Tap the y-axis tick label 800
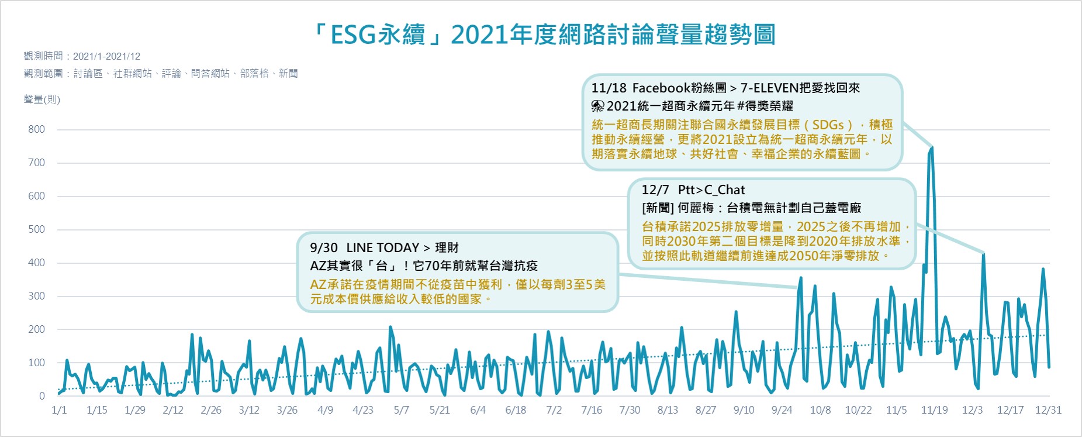tap(36, 129)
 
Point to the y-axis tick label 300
tap(36, 296)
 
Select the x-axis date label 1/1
tap(59, 410)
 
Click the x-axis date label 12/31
tap(1048, 410)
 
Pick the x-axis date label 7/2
tap(554, 410)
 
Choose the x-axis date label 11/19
tap(934, 410)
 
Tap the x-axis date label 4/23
tap(363, 410)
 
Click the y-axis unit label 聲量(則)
tap(42, 99)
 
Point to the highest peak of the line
tap(932, 147)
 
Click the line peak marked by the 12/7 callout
tap(984, 254)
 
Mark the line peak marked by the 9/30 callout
tap(801, 278)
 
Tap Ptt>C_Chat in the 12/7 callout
tap(711, 190)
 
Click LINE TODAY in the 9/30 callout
tap(383, 247)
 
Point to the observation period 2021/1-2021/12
tap(107, 56)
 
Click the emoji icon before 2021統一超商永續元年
tap(597, 106)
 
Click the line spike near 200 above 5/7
tap(390, 328)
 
